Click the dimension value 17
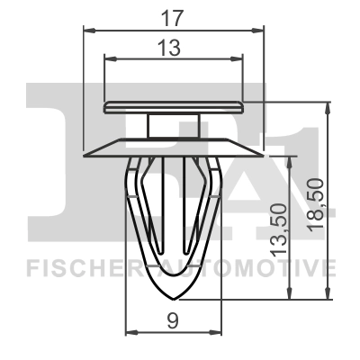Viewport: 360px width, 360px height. pyautogui.click(x=176, y=16)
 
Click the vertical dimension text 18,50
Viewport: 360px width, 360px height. pyautogui.click(x=312, y=204)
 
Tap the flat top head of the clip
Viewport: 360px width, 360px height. pyautogui.click(x=175, y=106)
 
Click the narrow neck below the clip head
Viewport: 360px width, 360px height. pyautogui.click(x=175, y=124)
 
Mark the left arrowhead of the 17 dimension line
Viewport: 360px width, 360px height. pyautogui.click(x=88, y=31)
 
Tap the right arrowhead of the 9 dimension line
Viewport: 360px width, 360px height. pyautogui.click(x=220, y=332)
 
